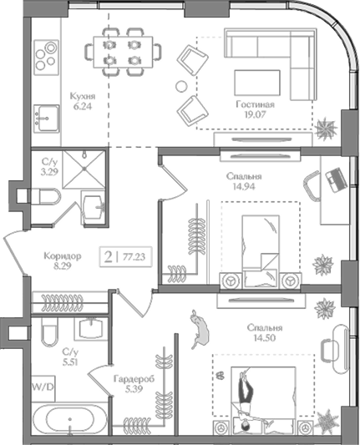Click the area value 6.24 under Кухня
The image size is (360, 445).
coord(83,107)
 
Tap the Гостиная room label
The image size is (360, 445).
coord(256,104)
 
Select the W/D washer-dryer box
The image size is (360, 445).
coord(43,387)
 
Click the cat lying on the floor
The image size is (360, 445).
coord(200,329)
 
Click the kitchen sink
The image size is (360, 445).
coord(47,119)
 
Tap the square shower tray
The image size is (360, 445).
coord(84,169)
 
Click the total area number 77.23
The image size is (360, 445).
coord(134,257)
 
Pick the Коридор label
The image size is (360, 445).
coord(63,255)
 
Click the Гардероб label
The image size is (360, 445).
coord(134,379)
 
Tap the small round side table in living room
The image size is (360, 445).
coord(181,86)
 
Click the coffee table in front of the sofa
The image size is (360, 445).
coord(257,83)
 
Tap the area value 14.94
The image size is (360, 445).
coord(245,186)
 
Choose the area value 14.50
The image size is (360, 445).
coord(265,338)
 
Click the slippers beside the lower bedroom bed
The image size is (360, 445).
coord(219,376)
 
